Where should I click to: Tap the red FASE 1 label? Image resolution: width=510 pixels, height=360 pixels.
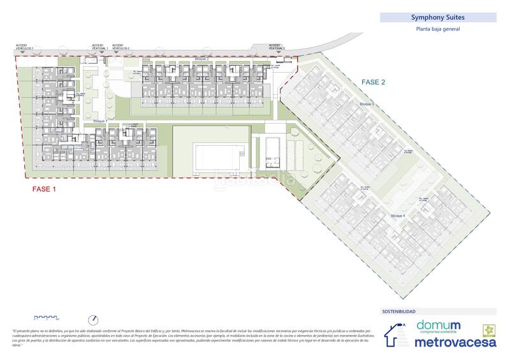tap(44, 190)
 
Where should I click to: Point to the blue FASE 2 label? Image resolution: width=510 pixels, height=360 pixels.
tap(374, 82)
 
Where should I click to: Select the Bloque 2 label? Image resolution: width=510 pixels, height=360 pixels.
tap(202, 59)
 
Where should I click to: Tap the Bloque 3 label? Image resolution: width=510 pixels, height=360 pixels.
tap(365, 103)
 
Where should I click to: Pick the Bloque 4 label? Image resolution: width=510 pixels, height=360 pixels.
tap(398, 217)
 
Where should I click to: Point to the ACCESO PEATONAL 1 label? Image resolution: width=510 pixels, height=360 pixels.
tap(99, 47)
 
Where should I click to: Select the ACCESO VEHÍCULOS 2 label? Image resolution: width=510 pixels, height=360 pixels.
tap(120, 47)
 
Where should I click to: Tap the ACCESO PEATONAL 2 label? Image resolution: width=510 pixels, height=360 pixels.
tap(276, 47)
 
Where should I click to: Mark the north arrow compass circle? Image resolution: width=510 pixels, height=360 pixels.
tap(94, 319)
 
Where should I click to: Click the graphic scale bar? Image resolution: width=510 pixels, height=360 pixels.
tap(46, 317)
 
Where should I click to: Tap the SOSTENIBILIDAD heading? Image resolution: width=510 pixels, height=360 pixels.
tap(398, 312)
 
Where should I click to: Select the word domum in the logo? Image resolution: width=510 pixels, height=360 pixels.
tap(439, 326)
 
